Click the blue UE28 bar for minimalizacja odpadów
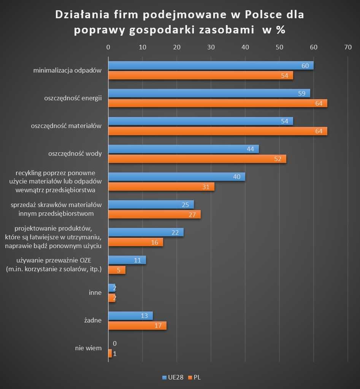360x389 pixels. coord(211,65)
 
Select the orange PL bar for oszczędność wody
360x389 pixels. coord(197,159)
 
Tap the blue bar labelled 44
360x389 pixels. coord(183,149)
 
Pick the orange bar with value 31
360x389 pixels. coord(161,187)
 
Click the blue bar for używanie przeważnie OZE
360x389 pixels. coord(127,260)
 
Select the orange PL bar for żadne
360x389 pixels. coord(137,326)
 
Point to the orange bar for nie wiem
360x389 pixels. coord(110,353)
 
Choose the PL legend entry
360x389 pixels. coord(194,378)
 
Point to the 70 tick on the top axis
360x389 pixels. coord(348,47)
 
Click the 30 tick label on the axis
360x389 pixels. coord(211,47)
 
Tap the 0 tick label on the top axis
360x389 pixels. coord(108,47)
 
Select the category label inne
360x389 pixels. coord(95,293)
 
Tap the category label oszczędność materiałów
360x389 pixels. coord(66,126)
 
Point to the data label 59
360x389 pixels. coord(301,93)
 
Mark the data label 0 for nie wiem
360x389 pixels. coord(114,343)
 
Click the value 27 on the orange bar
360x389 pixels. coord(192,215)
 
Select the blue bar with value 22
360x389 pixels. coord(146,232)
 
